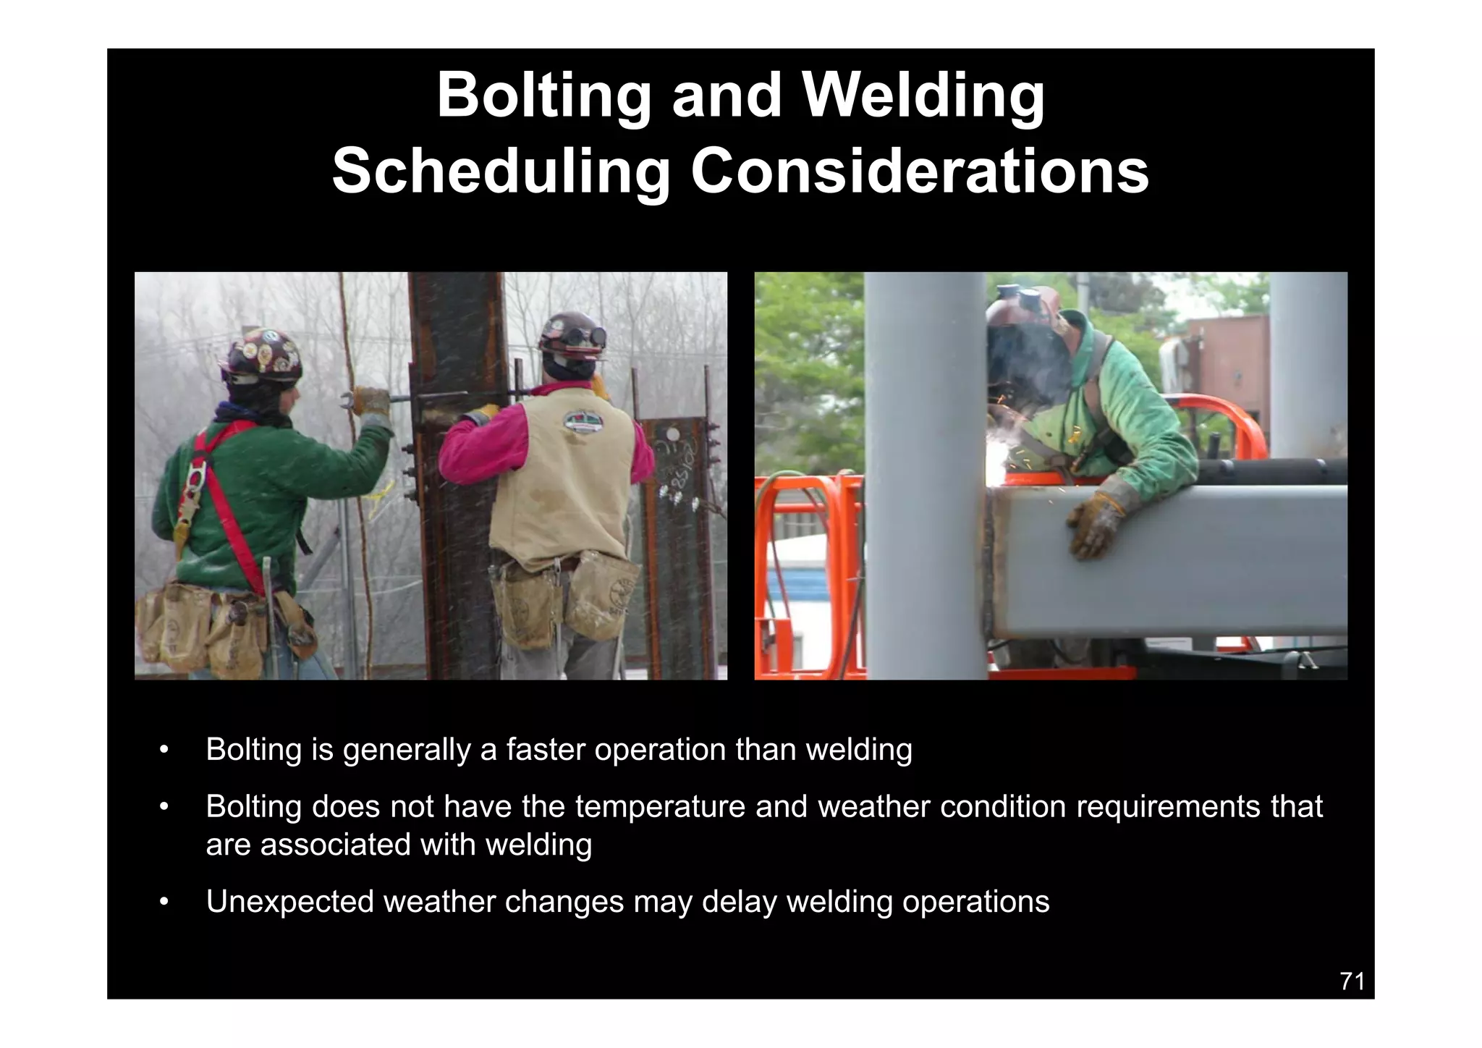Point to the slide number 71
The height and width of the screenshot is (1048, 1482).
pyautogui.click(x=1352, y=981)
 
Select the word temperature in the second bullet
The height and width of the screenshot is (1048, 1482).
pyautogui.click(x=660, y=806)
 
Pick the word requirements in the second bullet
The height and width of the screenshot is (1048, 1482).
pyautogui.click(x=1168, y=806)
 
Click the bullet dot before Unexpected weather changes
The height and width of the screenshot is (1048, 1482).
pyautogui.click(x=164, y=903)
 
